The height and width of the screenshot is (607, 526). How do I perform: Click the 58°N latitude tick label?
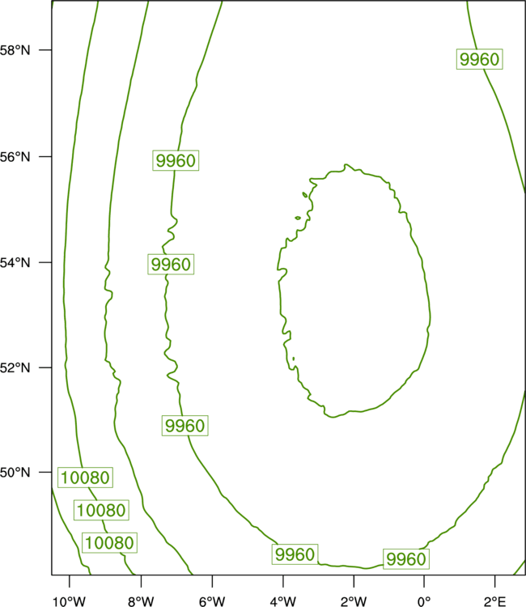15,50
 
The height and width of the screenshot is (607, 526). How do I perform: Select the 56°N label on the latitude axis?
15,157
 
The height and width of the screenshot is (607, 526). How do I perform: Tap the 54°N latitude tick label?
15,262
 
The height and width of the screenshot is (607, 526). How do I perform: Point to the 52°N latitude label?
15,367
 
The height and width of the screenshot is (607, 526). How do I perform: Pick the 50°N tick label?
15,473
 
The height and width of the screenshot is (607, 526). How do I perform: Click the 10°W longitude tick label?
69,601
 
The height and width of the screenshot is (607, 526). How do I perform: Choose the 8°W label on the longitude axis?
141,601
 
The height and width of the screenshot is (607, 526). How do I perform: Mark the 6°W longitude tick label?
212,601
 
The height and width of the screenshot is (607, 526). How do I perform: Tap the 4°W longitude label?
283,601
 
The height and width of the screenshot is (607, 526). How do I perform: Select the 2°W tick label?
354,601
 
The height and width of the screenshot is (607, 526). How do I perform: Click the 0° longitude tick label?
424,601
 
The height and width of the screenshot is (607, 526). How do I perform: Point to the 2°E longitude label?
494,601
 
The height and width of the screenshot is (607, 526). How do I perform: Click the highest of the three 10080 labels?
85,478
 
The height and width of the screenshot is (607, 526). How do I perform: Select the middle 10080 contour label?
101,510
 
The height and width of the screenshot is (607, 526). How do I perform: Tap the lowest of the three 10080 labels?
109,543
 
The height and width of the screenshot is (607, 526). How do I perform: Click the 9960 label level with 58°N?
480,59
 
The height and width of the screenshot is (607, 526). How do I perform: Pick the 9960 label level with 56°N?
176,160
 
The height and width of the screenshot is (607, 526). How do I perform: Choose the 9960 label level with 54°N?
171,265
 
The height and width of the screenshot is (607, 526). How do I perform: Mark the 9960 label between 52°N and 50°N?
185,426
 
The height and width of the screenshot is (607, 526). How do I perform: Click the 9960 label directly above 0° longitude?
406,559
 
